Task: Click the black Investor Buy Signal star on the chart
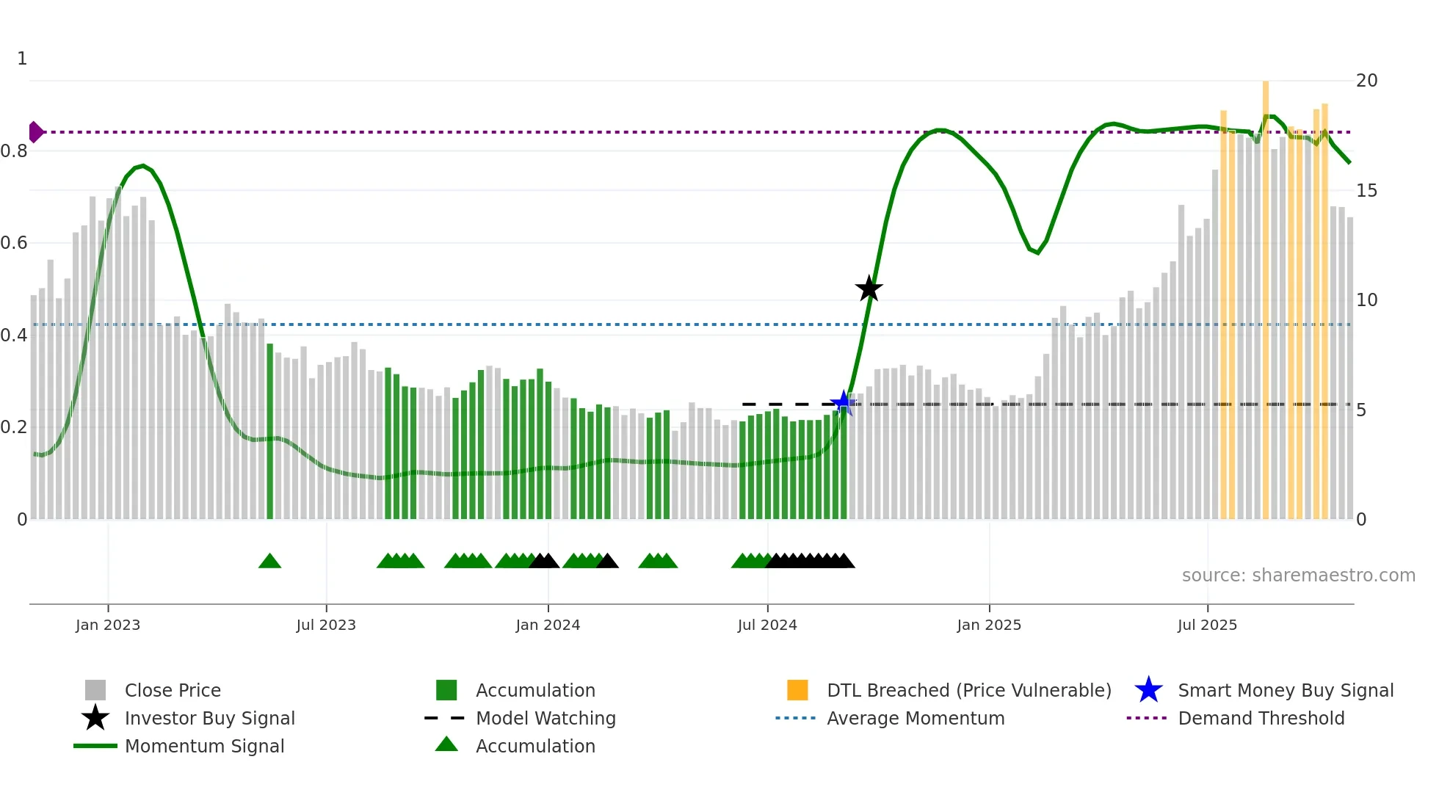click(869, 289)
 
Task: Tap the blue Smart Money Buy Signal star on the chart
click(843, 403)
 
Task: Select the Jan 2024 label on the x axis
click(548, 625)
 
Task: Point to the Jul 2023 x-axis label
click(326, 625)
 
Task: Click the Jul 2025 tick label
click(1207, 625)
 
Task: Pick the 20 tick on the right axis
click(1366, 81)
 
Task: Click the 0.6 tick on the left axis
click(14, 243)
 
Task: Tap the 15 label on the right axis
click(1366, 191)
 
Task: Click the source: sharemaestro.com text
click(1298, 576)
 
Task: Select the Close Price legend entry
click(173, 690)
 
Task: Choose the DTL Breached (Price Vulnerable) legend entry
click(968, 690)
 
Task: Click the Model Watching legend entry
click(545, 718)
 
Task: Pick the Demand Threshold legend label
click(1261, 718)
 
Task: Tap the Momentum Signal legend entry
click(204, 746)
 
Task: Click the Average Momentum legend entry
click(916, 718)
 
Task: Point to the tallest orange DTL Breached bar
click(1266, 294)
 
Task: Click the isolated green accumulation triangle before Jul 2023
click(269, 562)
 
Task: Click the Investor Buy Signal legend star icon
click(95, 718)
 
